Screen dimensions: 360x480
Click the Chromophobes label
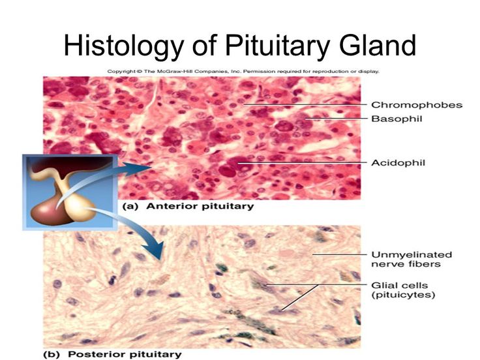[408, 104]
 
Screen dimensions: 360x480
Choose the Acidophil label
[397, 162]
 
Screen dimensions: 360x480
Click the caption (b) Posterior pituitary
[115, 354]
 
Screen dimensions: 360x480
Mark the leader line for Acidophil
[300, 162]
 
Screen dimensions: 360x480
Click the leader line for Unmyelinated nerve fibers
[338, 254]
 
